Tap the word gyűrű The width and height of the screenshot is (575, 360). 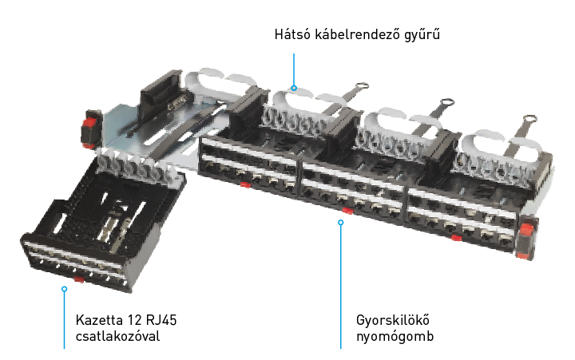tap(422, 35)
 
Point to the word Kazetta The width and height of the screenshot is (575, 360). tap(99, 320)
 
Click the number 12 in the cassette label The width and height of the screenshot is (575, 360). tap(134, 320)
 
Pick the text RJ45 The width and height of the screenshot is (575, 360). tap(161, 320)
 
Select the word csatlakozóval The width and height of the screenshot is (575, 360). tap(117, 336)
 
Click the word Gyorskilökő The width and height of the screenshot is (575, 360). tap(393, 320)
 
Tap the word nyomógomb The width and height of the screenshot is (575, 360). tap(395, 337)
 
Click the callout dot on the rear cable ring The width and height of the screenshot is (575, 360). tap(294, 88)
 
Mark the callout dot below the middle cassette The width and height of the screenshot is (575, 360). tap(341, 222)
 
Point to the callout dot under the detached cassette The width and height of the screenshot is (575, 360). tap(64, 289)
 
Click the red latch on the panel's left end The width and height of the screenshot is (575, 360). tap(89, 129)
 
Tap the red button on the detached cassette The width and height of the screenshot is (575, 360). tap(78, 279)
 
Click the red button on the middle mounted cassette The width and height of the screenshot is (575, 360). tap(347, 211)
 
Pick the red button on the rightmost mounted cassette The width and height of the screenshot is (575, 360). tap(456, 238)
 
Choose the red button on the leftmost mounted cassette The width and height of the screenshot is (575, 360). tap(245, 184)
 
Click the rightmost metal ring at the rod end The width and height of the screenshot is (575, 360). tap(529, 119)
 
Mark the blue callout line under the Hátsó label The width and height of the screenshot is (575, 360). tap(294, 69)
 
